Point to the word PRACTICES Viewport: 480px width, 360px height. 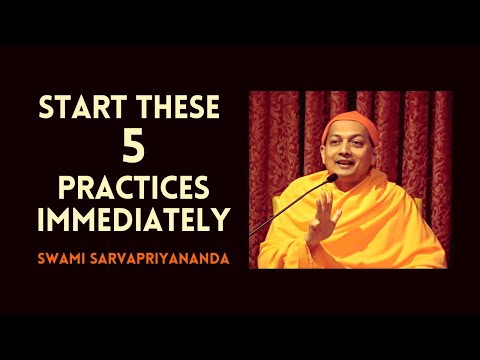click(x=131, y=191)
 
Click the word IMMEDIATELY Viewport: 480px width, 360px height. click(x=130, y=220)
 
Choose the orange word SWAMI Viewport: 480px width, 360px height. click(x=66, y=258)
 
